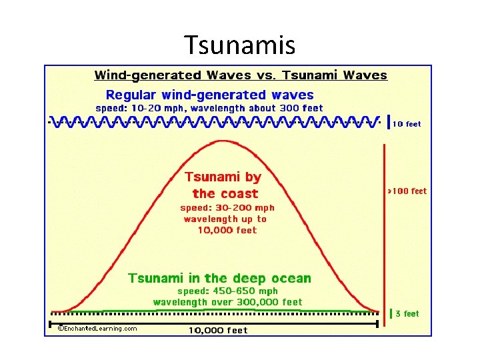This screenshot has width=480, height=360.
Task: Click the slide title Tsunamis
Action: [239, 45]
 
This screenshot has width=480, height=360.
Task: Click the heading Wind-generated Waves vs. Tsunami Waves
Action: [241, 75]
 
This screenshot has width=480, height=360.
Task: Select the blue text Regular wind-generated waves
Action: [210, 95]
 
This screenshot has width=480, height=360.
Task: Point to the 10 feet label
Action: [407, 124]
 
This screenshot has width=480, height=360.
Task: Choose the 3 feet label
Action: [407, 314]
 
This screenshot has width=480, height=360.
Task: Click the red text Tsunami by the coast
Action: [223, 185]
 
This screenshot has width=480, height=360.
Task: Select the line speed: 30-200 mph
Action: [227, 208]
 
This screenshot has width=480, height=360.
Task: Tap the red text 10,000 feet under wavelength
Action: [227, 231]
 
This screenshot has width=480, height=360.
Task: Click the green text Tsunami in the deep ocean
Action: [219, 278]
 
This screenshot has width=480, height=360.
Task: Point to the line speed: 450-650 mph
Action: [227, 291]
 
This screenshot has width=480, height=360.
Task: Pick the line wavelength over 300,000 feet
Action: [227, 302]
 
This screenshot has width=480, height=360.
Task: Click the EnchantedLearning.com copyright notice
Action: [97, 329]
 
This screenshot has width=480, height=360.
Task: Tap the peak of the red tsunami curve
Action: [222, 141]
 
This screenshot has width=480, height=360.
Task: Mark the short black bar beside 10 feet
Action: [389, 121]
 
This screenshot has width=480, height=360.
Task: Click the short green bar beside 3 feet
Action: [391, 313]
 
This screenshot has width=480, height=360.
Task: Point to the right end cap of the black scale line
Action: [378, 324]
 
